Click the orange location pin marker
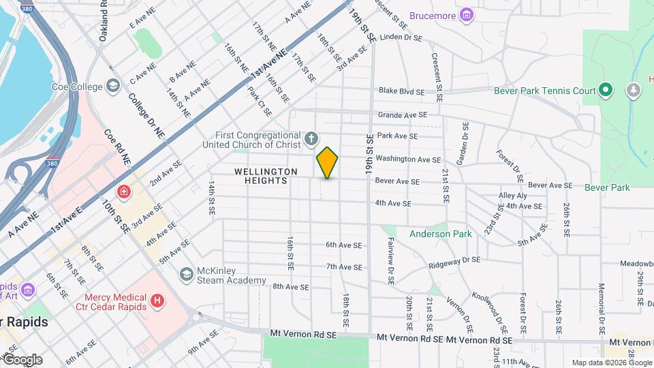(328, 163)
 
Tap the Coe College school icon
(114, 87)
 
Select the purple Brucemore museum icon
(467, 15)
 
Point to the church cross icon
(311, 140)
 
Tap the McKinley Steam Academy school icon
(186, 273)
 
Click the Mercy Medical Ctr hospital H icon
(157, 301)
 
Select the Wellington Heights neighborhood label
(266, 176)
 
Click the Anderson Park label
(440, 234)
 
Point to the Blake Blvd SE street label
(402, 91)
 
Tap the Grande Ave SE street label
(402, 115)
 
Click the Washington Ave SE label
(407, 159)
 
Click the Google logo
(22, 359)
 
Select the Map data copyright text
(611, 363)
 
